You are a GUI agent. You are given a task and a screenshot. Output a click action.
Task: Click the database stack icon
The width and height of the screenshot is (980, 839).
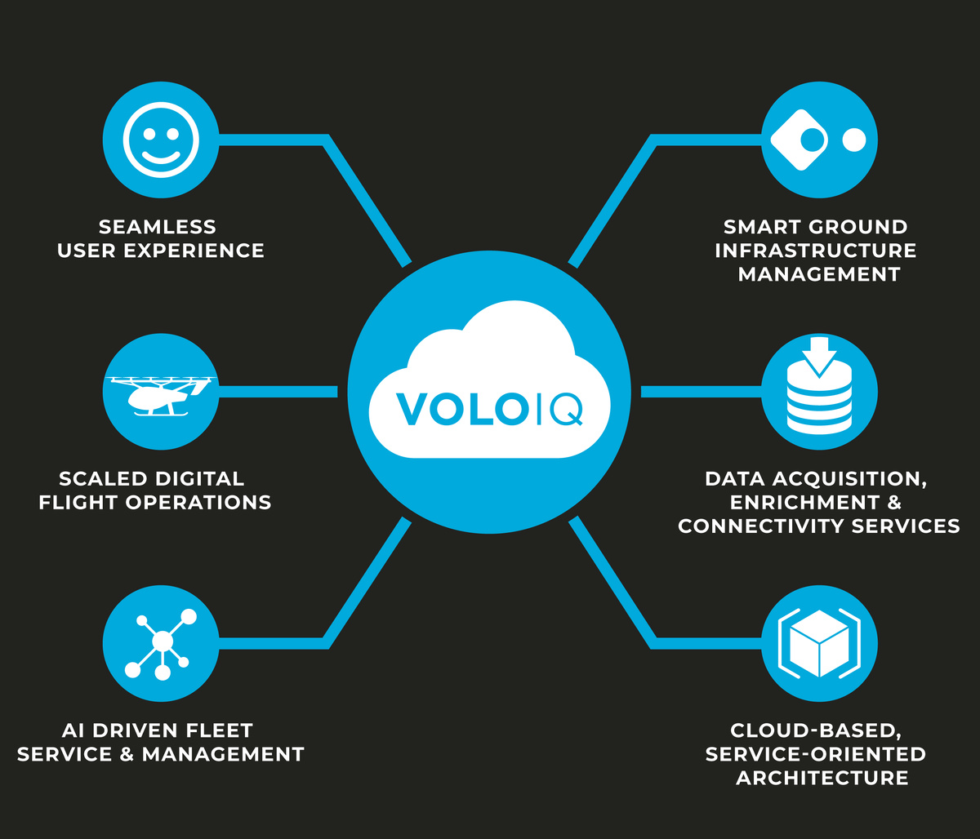[x=819, y=390]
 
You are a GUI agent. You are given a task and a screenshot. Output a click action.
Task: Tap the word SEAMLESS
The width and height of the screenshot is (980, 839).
[x=158, y=226]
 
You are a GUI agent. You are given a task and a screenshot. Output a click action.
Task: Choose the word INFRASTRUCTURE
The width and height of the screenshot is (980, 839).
[x=816, y=251]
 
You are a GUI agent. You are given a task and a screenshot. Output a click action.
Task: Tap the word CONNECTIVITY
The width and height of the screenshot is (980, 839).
[x=763, y=526]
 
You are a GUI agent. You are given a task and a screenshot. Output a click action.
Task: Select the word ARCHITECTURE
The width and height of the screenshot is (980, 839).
[x=822, y=778]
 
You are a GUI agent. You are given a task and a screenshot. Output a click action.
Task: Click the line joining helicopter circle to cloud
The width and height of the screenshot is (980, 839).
[x=278, y=392]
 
